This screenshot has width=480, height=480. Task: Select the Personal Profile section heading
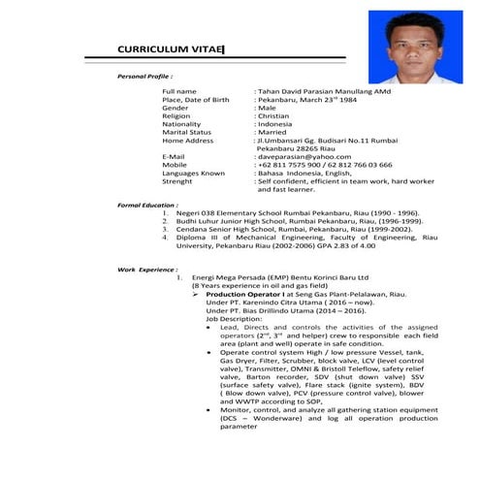(x=145, y=75)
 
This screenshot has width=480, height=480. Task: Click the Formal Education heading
(x=147, y=206)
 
